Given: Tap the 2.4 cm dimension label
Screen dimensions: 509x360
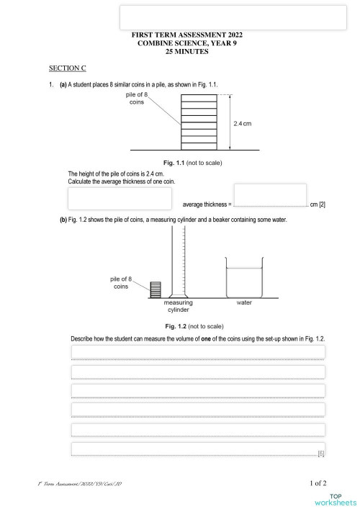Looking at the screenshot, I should [x=242, y=124].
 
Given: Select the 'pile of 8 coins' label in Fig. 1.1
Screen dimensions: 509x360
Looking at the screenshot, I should [x=136, y=99].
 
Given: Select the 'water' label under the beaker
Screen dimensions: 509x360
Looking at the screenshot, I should [x=244, y=303].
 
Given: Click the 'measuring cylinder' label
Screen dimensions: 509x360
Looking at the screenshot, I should [x=178, y=307].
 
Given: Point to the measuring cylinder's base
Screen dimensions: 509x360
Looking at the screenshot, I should [x=178, y=296].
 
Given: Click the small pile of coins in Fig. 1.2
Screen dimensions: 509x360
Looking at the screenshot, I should [x=155, y=289].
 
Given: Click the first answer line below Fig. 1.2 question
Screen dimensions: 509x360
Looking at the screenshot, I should [x=197, y=351].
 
